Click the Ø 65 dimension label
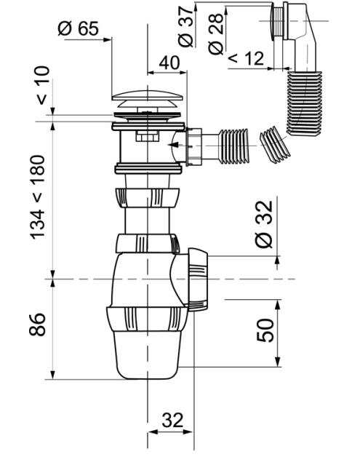(79, 28)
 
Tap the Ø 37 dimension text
(185, 26)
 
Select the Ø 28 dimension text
(216, 33)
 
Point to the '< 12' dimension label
(246, 58)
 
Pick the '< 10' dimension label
(43, 85)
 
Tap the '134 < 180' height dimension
(38, 197)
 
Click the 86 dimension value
(38, 325)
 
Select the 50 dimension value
(265, 330)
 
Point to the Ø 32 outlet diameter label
(264, 224)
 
